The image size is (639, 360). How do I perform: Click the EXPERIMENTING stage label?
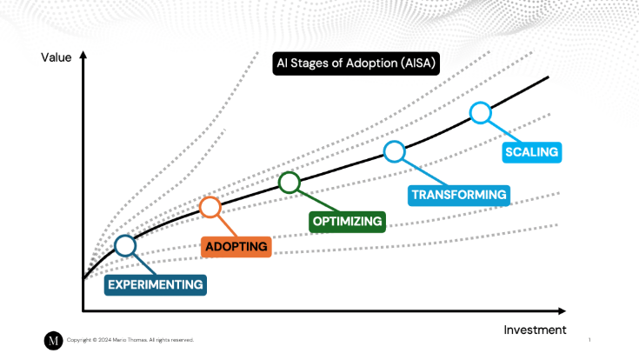[156, 283]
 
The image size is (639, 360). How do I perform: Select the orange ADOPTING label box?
[236, 246]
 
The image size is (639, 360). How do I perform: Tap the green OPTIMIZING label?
[347, 221]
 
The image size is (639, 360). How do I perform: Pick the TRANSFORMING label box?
[458, 195]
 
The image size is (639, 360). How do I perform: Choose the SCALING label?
[532, 153]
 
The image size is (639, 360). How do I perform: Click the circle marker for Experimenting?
[126, 246]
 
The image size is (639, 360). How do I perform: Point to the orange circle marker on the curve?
[210, 207]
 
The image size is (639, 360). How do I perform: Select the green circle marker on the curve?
[290, 182]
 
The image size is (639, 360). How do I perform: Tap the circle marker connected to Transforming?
[395, 151]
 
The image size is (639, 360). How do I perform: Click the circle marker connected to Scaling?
[481, 112]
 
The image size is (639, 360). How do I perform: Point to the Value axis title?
[56, 57]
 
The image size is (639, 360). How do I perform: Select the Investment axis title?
[535, 330]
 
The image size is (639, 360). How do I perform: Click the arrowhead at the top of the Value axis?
[83, 54]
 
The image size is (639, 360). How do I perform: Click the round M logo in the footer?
[53, 340]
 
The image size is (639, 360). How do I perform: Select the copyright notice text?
[130, 340]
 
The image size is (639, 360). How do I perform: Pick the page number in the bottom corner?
[589, 340]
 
